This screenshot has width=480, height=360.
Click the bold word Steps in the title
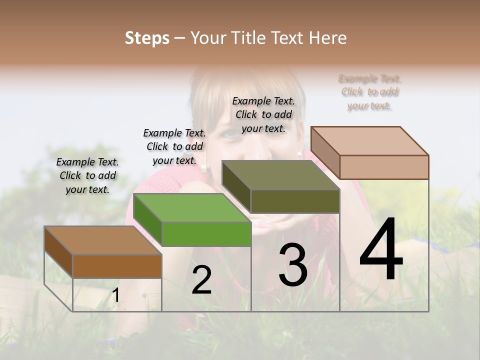pos(147,38)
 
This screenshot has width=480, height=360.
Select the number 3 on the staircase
pos(292,264)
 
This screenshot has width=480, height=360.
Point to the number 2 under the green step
pos(201,280)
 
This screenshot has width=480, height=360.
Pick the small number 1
pos(115,295)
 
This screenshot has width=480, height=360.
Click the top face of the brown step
pos(102,240)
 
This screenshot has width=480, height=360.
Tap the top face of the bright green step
pos(191,207)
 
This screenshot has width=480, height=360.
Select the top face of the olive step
pos(280,175)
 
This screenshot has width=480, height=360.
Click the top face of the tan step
pos(369,141)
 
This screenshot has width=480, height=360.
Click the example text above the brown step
pos(87,175)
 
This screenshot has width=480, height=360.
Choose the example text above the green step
pos(174,146)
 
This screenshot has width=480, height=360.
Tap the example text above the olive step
pos(263,114)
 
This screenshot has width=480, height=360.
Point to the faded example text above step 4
pos(369,92)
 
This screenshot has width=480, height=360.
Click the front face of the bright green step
pos(206,234)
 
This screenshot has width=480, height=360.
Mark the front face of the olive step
pos(295,201)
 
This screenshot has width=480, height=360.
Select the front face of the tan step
pos(384,167)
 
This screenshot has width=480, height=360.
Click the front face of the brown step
pos(117,266)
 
